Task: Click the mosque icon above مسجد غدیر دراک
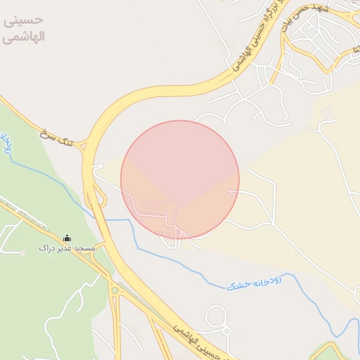pos(67,238)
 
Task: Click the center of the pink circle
pos(180,179)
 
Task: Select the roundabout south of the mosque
pos(113,290)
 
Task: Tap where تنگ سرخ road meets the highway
pos(84,145)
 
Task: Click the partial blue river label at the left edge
pos(6,143)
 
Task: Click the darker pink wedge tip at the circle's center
pos(180,208)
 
